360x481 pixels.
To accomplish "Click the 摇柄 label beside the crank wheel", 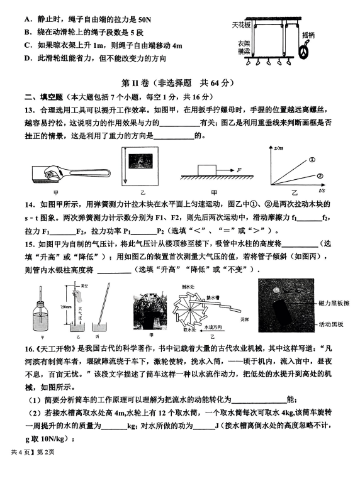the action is pyautogui.click(x=308, y=35).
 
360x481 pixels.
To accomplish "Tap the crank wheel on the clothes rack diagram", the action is pyautogui.click(x=304, y=52).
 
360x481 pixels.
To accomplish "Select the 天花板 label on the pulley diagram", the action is pyautogui.click(x=241, y=25).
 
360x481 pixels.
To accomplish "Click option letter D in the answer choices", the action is pyautogui.click(x=27, y=58).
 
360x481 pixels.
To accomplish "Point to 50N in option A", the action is pyautogui.click(x=144, y=20).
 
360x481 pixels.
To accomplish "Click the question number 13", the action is pyautogui.click(x=29, y=110).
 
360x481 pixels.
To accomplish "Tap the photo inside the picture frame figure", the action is pyautogui.click(x=141, y=161).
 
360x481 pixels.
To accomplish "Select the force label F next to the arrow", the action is pyautogui.click(x=239, y=170).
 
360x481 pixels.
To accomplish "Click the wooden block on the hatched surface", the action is pyautogui.click(x=206, y=170).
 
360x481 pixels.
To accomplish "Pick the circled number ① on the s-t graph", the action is pyautogui.click(x=312, y=160).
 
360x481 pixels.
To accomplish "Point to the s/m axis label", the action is pyautogui.click(x=279, y=148).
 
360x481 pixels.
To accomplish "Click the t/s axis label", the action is pyautogui.click(x=322, y=191).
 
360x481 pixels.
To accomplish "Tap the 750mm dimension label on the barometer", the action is pyautogui.click(x=66, y=306).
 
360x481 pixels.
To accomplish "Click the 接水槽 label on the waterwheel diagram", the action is pyautogui.click(x=213, y=297).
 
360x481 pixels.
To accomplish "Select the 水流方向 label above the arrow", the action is pyautogui.click(x=213, y=327).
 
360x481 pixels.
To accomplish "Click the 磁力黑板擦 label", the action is pyautogui.click(x=334, y=304).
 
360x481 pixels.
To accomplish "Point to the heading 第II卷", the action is pyautogui.click(x=135, y=83).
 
